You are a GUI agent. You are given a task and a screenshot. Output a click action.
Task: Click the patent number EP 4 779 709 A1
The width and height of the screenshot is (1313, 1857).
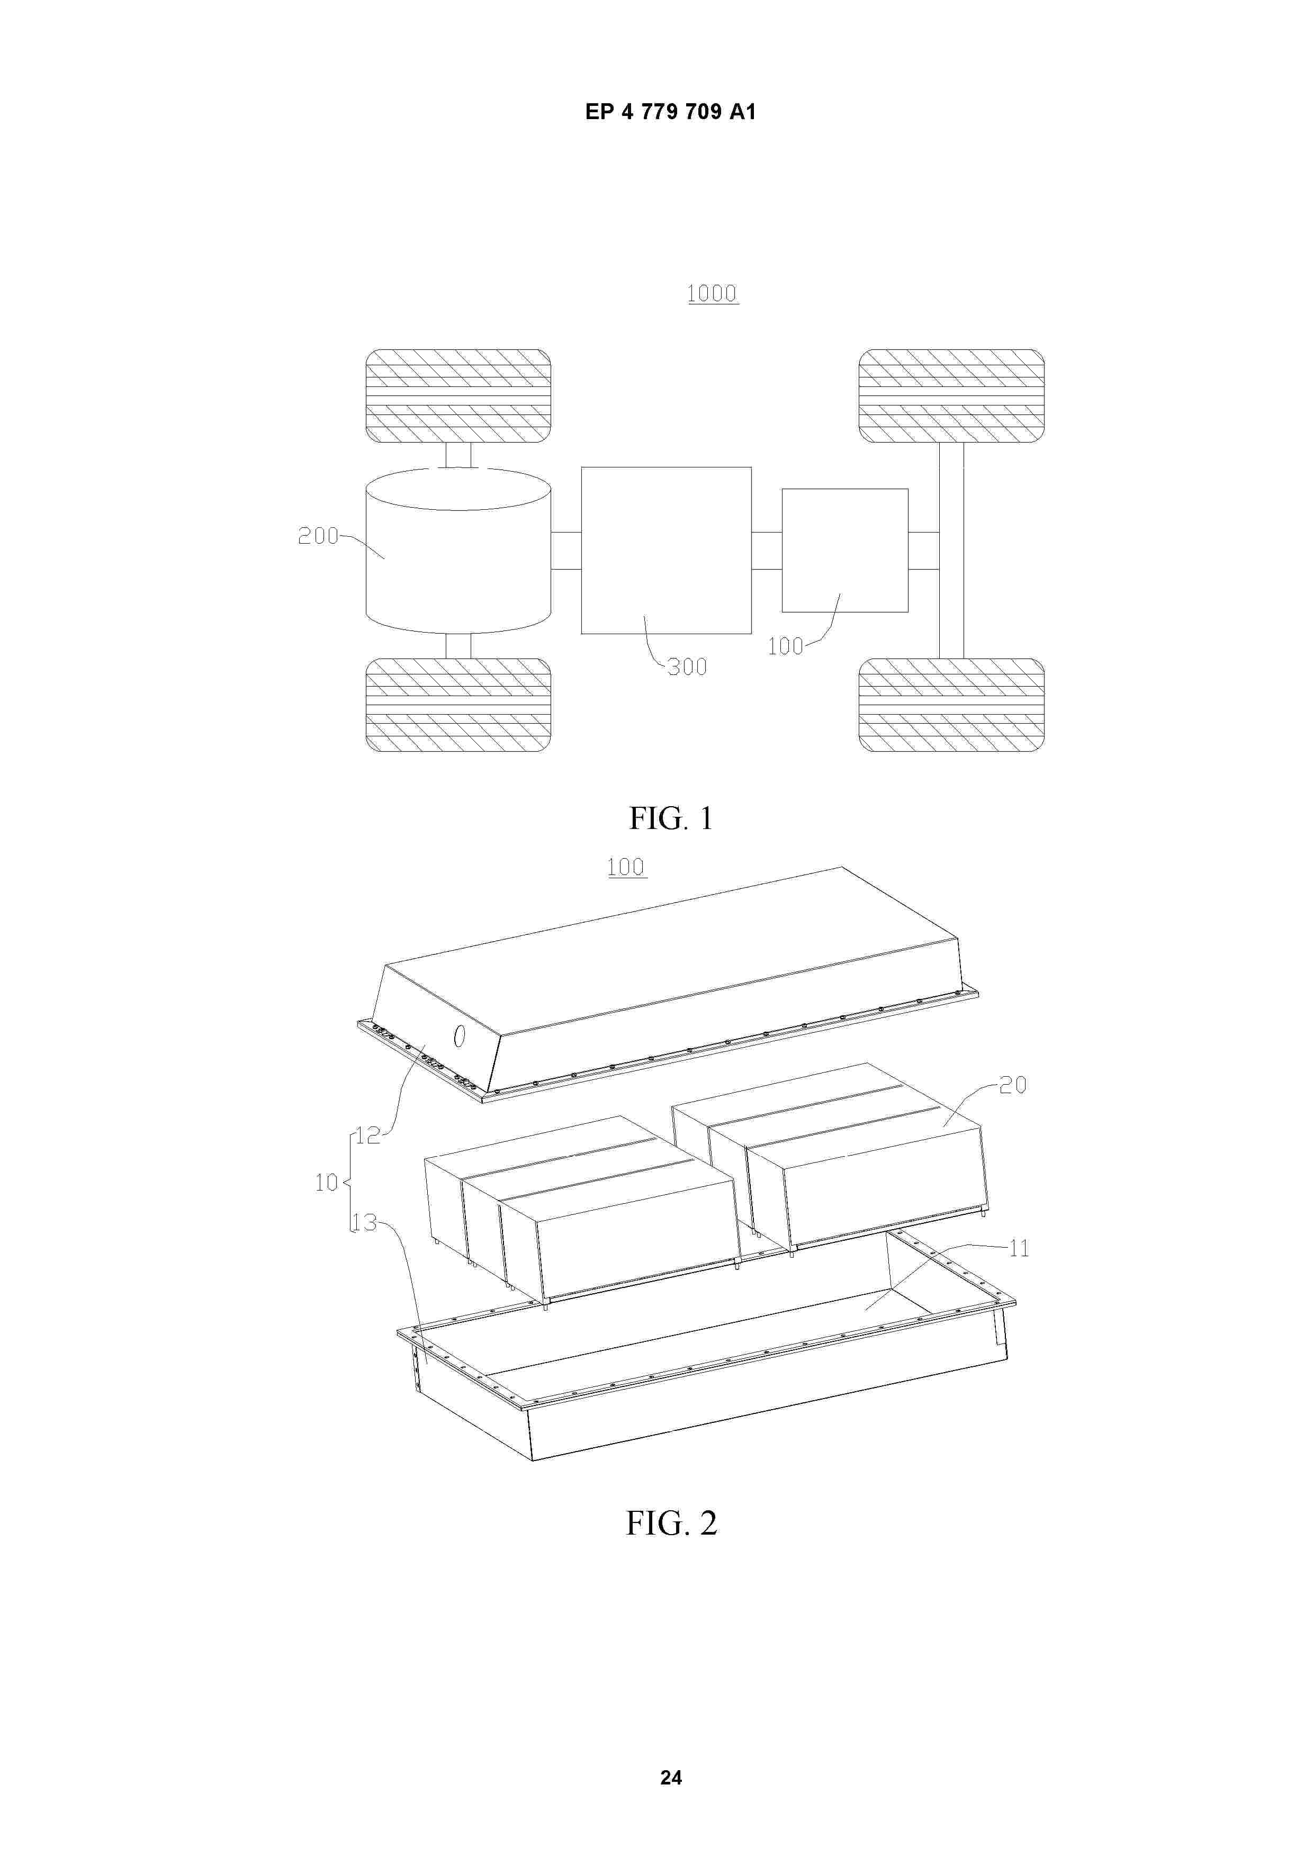[671, 112]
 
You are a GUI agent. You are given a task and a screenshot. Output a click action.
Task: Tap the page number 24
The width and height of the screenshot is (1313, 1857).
[671, 1777]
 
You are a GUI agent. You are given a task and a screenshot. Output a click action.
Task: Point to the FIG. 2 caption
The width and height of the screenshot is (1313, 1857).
[671, 1523]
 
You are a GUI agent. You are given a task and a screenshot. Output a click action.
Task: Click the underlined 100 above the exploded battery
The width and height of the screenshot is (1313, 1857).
[626, 867]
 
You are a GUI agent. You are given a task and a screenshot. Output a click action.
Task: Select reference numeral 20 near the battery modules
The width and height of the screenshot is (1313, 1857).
[1013, 1085]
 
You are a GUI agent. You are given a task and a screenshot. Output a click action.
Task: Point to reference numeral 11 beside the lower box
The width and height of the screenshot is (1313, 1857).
[1019, 1248]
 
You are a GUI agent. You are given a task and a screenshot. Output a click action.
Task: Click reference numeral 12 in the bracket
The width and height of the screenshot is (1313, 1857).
[368, 1135]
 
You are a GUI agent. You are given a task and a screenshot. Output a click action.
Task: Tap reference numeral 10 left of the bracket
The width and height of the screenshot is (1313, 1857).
[326, 1183]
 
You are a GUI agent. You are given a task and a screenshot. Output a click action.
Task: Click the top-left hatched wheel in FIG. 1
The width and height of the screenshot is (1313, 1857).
[458, 396]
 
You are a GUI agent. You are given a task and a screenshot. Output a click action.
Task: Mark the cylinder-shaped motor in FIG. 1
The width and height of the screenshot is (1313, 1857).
[458, 550]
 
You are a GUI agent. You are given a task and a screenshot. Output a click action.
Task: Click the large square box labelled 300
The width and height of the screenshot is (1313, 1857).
[666, 550]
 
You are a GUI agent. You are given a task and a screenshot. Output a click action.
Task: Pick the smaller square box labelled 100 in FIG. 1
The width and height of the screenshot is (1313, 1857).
[844, 550]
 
